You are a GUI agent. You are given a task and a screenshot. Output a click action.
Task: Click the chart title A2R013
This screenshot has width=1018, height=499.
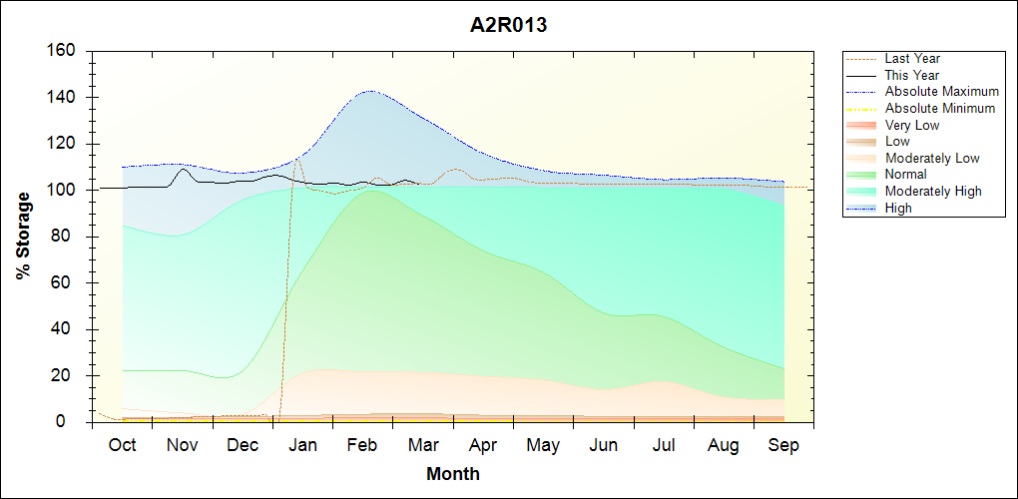pyautogui.click(x=508, y=26)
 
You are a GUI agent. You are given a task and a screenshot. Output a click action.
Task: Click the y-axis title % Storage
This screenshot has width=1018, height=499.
pyautogui.click(x=23, y=236)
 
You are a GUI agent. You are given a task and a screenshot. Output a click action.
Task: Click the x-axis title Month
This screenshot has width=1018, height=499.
pyautogui.click(x=453, y=474)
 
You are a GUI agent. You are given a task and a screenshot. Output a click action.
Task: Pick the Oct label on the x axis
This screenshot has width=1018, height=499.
pyautogui.click(x=122, y=445)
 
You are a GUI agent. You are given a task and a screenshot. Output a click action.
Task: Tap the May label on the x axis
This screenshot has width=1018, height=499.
pyautogui.click(x=543, y=445)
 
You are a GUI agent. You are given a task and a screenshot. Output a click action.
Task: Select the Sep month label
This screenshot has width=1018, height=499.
pyautogui.click(x=783, y=445)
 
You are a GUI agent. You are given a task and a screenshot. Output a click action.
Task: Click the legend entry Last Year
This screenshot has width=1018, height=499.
pyautogui.click(x=912, y=59)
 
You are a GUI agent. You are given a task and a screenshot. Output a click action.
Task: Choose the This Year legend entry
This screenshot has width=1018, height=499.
pyautogui.click(x=912, y=75)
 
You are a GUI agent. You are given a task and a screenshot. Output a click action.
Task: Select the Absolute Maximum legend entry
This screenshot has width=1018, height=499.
pyautogui.click(x=941, y=92)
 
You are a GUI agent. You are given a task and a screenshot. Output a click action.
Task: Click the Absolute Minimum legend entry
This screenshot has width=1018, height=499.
pyautogui.click(x=940, y=108)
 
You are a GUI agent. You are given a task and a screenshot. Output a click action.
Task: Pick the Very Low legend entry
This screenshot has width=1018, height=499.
pyautogui.click(x=912, y=125)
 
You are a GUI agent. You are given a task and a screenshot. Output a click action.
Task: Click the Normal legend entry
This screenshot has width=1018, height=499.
pyautogui.click(x=906, y=175)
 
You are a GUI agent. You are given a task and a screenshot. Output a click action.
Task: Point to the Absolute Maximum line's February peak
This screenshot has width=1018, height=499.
pyautogui.click(x=370, y=91)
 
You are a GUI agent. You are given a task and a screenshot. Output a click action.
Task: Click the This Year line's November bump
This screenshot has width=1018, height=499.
pyautogui.click(x=183, y=169)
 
